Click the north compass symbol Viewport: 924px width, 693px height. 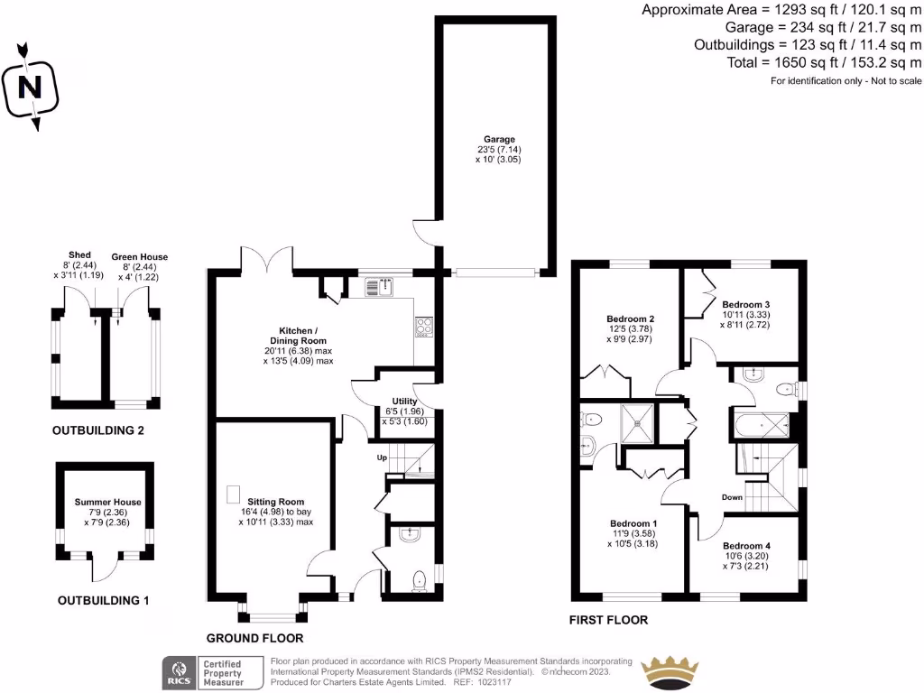(x=32, y=87)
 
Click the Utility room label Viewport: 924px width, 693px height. (x=404, y=401)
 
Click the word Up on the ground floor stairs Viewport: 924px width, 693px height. (x=382, y=458)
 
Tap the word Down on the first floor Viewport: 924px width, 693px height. (x=733, y=497)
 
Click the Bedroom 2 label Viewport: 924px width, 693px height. (x=630, y=319)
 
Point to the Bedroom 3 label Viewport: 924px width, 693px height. (x=744, y=304)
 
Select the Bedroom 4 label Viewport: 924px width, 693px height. (x=745, y=546)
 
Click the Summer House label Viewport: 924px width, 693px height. (x=108, y=502)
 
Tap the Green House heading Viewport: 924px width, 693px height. (x=139, y=257)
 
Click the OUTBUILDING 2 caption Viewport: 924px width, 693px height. (x=98, y=430)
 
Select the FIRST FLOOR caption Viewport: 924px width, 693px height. (x=608, y=620)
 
